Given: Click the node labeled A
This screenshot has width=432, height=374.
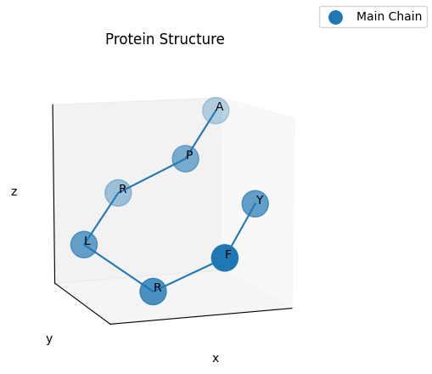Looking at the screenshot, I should point(216,110).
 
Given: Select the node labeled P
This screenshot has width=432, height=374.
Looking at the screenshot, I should point(185,159).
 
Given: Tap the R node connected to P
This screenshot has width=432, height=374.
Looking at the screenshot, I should point(118,193).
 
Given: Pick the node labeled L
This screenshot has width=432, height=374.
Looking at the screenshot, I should point(84,245).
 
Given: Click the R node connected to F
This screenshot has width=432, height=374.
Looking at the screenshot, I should point(153,292).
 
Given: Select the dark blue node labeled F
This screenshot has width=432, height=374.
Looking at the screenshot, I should point(225,258).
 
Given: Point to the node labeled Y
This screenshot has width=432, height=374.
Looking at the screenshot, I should point(255,204).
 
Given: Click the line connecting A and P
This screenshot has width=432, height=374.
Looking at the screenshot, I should point(200,134).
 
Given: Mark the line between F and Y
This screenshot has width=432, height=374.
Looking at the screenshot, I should point(240,230).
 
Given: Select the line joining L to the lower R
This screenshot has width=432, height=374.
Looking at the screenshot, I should point(118,268).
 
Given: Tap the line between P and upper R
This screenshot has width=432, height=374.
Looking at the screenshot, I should point(152,176).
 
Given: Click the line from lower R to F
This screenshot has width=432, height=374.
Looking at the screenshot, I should point(188,275).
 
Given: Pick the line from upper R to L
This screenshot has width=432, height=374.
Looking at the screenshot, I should point(101,218).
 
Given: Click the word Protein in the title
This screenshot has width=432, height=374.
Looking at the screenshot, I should point(130,40).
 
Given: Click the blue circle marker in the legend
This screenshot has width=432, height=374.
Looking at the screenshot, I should point(335,17).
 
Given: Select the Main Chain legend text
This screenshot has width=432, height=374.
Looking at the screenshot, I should point(389,17).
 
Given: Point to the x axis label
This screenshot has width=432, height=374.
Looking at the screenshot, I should point(216,359).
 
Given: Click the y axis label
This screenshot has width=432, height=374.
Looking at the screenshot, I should point(49,339).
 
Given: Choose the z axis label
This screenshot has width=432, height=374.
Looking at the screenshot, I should point(14,192).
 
